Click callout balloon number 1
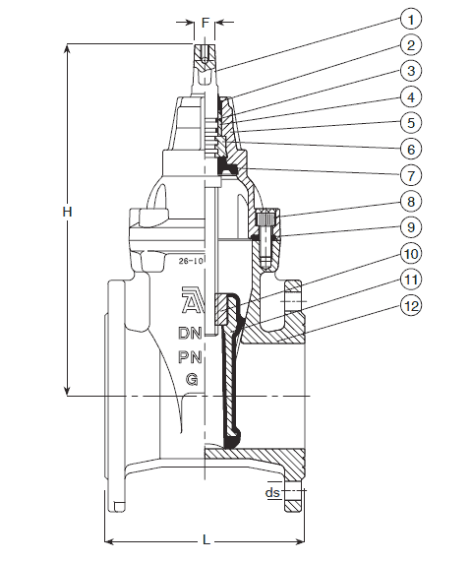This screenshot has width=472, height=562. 411,19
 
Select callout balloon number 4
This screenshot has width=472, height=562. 411,96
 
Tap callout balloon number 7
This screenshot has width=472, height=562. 411,175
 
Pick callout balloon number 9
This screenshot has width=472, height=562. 411,227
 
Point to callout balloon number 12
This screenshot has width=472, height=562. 411,306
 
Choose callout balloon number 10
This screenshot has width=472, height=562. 411,253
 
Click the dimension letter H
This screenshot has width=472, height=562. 67,212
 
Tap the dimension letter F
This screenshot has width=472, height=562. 206,23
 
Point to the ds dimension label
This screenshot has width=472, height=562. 272,492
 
